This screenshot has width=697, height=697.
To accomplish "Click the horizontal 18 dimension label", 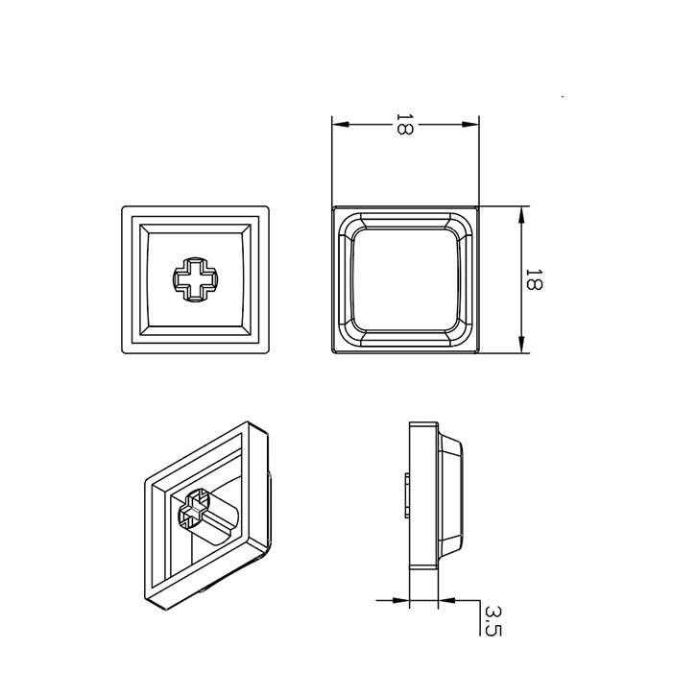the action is point(404,124).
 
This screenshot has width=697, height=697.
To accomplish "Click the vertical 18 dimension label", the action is point(534,279).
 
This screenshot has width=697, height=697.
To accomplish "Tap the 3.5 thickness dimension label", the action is point(493,620).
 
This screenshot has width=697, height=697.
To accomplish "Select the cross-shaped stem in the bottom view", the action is point(195,279).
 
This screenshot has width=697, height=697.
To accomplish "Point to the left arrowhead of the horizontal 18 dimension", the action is point(341,125).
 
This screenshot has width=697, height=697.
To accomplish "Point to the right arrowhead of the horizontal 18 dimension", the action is point(470,125).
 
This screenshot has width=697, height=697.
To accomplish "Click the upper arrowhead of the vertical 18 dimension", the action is point(521,216).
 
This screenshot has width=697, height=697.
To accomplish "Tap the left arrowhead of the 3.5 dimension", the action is point(400,601).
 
